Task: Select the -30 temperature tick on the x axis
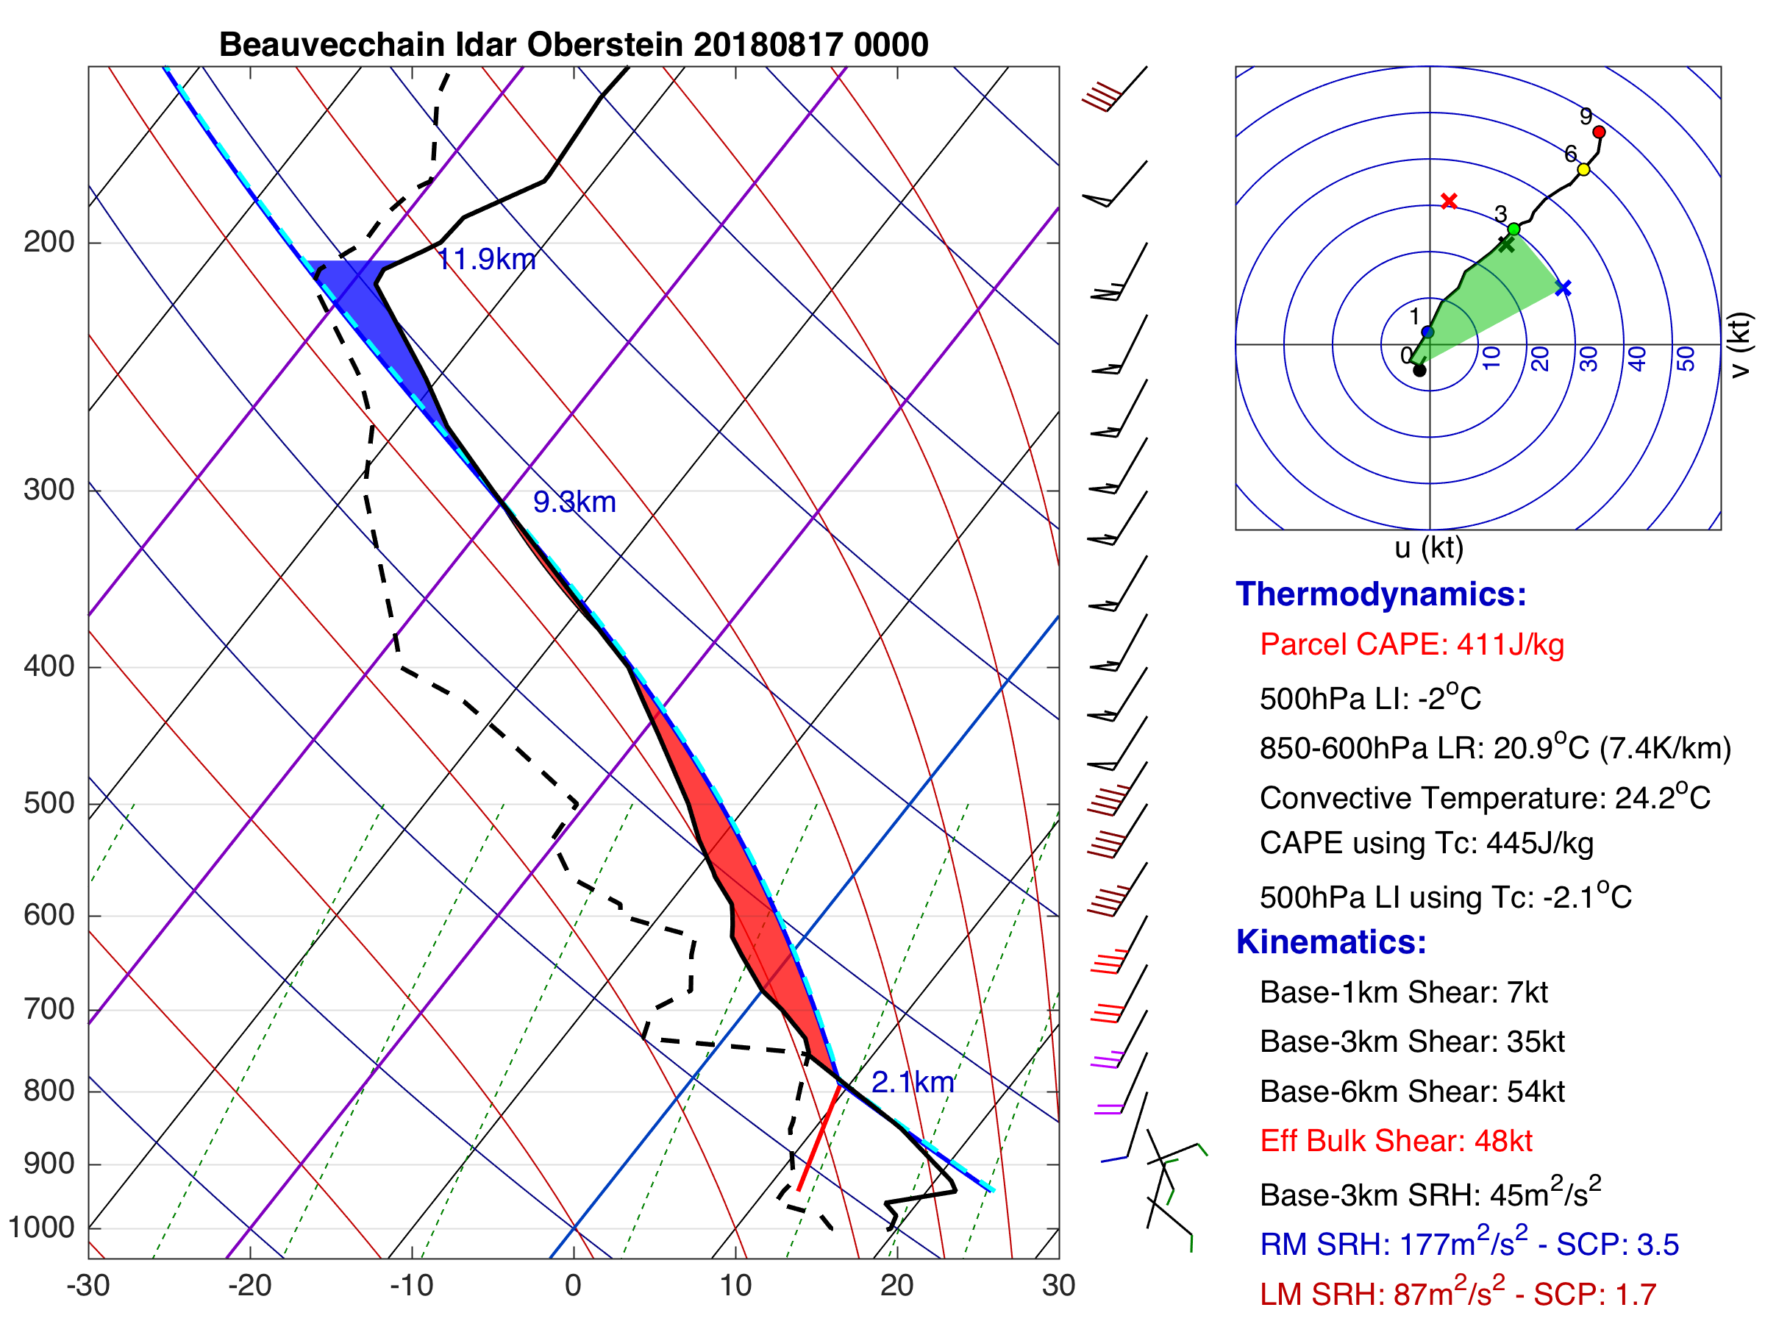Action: tap(88, 1286)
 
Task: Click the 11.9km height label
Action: tap(487, 260)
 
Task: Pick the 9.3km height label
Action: tap(574, 502)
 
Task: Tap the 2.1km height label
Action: tap(913, 1082)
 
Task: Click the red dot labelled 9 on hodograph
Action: tap(1599, 132)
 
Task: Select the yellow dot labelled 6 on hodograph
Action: tap(1584, 169)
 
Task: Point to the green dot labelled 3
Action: tap(1513, 229)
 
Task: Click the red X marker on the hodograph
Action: tap(1449, 201)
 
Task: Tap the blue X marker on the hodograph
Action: tap(1563, 288)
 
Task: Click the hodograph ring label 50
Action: tap(1686, 358)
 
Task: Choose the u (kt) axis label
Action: tap(1428, 548)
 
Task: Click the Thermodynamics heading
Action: tap(1380, 594)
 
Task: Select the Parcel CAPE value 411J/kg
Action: tap(1511, 644)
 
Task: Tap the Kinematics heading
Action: tap(1331, 942)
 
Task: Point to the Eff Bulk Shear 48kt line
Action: tap(1396, 1142)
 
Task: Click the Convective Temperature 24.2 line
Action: tap(1484, 798)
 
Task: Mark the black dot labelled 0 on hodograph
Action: tap(1419, 370)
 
